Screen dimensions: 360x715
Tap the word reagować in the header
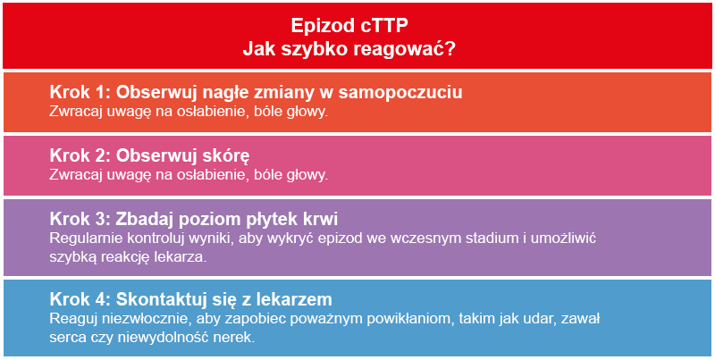tap(400, 48)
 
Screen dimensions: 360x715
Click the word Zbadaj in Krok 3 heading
tap(146, 220)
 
